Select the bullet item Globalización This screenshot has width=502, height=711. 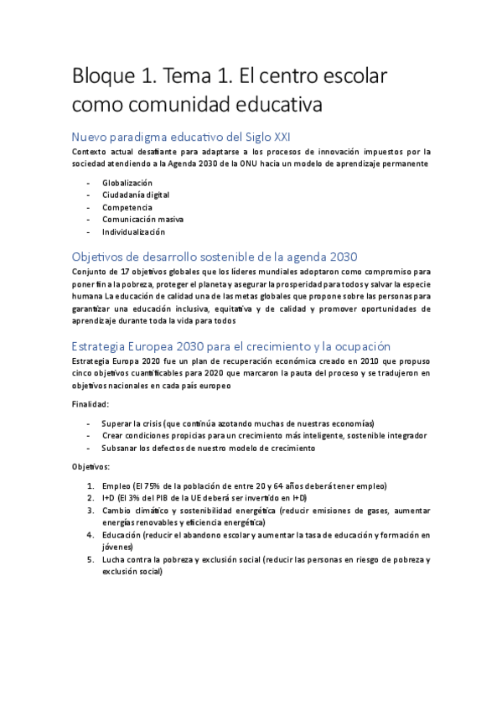coord(127,182)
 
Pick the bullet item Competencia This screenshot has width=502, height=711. coord(127,207)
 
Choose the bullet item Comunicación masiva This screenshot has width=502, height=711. coord(142,219)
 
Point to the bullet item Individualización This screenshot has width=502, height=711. coord(134,231)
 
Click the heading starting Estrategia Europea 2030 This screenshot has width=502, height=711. coord(231,345)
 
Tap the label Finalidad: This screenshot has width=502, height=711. coord(91,404)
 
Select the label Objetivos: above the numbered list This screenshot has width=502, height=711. coord(91,465)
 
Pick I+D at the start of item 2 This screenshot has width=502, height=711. coord(110,498)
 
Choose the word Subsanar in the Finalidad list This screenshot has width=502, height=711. coord(122,448)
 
